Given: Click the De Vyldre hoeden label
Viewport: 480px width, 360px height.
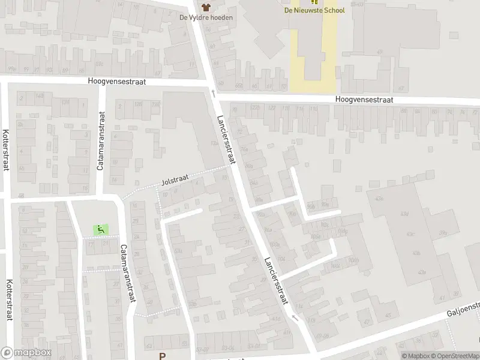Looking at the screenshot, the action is click(x=206, y=17).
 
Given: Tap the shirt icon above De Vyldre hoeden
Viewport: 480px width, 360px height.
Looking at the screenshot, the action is click(x=206, y=7).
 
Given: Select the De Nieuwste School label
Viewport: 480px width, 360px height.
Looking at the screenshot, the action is click(x=315, y=10).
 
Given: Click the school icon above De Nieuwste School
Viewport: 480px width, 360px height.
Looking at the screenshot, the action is click(x=315, y=2).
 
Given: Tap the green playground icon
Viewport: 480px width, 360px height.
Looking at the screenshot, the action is click(x=100, y=229).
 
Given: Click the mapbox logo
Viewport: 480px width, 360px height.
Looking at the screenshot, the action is click(x=26, y=353).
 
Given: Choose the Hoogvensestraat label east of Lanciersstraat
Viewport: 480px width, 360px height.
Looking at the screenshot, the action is click(x=364, y=100).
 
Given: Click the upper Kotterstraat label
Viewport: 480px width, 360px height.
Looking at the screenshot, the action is click(x=6, y=150).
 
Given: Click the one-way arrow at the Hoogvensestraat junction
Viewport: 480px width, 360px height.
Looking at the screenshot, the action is click(x=212, y=93).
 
